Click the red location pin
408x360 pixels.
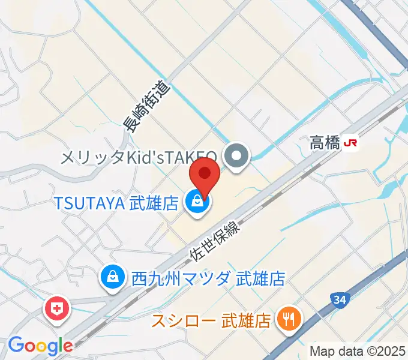[x=204, y=175]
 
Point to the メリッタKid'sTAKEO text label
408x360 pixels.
[x=139, y=158]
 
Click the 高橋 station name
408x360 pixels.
[x=324, y=143]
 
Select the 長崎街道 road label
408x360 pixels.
[x=146, y=107]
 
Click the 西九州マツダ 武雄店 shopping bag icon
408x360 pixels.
[x=112, y=277]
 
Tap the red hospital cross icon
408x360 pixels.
[x=58, y=310]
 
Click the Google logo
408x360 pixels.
[x=41, y=345]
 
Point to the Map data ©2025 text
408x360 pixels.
[x=356, y=351]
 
